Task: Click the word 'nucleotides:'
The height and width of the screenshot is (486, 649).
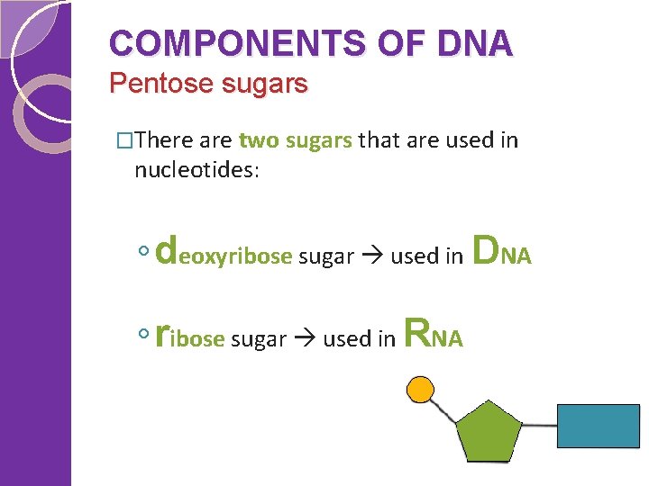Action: [197, 169]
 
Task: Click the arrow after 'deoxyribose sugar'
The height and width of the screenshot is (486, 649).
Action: [372, 256]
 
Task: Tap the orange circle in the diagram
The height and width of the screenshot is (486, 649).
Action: [420, 389]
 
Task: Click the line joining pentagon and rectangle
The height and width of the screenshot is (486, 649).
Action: [539, 424]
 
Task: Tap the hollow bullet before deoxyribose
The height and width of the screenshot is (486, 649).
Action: [144, 255]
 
